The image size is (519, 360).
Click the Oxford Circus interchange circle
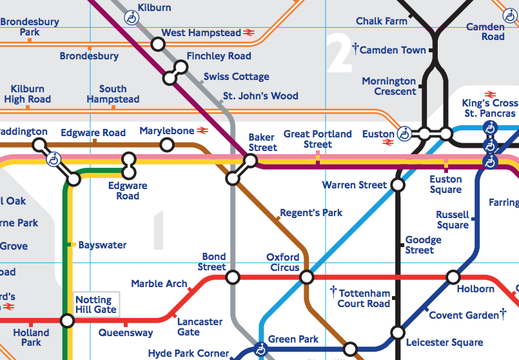[x=307, y=277]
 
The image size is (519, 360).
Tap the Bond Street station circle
[x=233, y=277]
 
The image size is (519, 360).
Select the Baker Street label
[x=262, y=143]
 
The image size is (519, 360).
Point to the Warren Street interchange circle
[x=398, y=185]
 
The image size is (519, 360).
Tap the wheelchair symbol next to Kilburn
[x=131, y=17]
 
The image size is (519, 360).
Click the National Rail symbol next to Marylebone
[x=203, y=131]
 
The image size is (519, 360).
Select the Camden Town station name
[x=393, y=50]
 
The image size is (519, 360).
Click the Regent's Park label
[x=311, y=213]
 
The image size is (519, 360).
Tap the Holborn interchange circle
[x=453, y=277]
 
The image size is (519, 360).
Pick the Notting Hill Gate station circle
[x=67, y=320]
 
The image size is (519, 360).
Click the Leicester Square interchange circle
[x=398, y=334]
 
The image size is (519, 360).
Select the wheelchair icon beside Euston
[x=405, y=134]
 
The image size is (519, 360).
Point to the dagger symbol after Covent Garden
[x=503, y=314]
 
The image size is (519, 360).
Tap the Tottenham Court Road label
[x=364, y=299]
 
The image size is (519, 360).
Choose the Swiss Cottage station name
[x=237, y=77]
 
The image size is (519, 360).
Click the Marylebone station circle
[x=167, y=145]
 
